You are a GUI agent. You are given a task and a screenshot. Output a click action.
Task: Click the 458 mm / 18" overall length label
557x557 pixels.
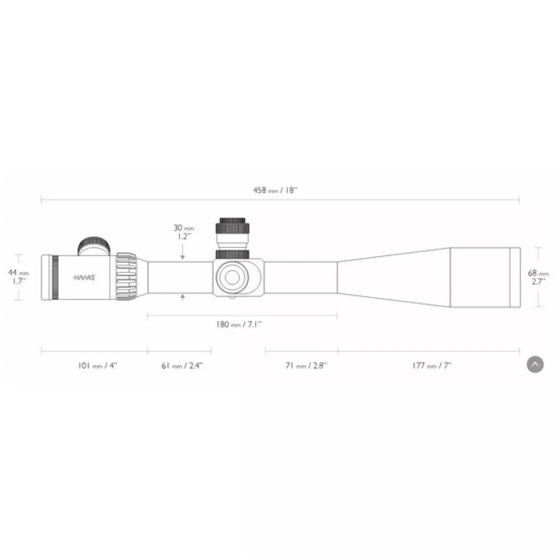point(275,190)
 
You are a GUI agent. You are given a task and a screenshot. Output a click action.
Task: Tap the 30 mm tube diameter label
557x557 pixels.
point(184,232)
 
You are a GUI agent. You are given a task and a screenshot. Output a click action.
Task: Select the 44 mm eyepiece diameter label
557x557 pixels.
point(18,277)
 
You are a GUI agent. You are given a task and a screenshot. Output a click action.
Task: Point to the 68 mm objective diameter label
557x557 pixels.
point(538,277)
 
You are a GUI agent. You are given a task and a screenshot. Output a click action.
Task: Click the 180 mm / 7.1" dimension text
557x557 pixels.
point(239,324)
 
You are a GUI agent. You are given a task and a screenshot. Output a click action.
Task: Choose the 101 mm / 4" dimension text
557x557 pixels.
point(97,366)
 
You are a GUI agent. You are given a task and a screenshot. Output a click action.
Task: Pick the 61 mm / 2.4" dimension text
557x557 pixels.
point(182,366)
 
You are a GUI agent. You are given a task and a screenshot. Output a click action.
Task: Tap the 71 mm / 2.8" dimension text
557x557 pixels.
point(306,366)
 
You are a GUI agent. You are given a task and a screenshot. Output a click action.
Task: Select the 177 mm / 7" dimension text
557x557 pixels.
point(432,366)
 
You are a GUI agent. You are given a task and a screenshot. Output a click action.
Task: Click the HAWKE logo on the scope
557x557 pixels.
point(84,277)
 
